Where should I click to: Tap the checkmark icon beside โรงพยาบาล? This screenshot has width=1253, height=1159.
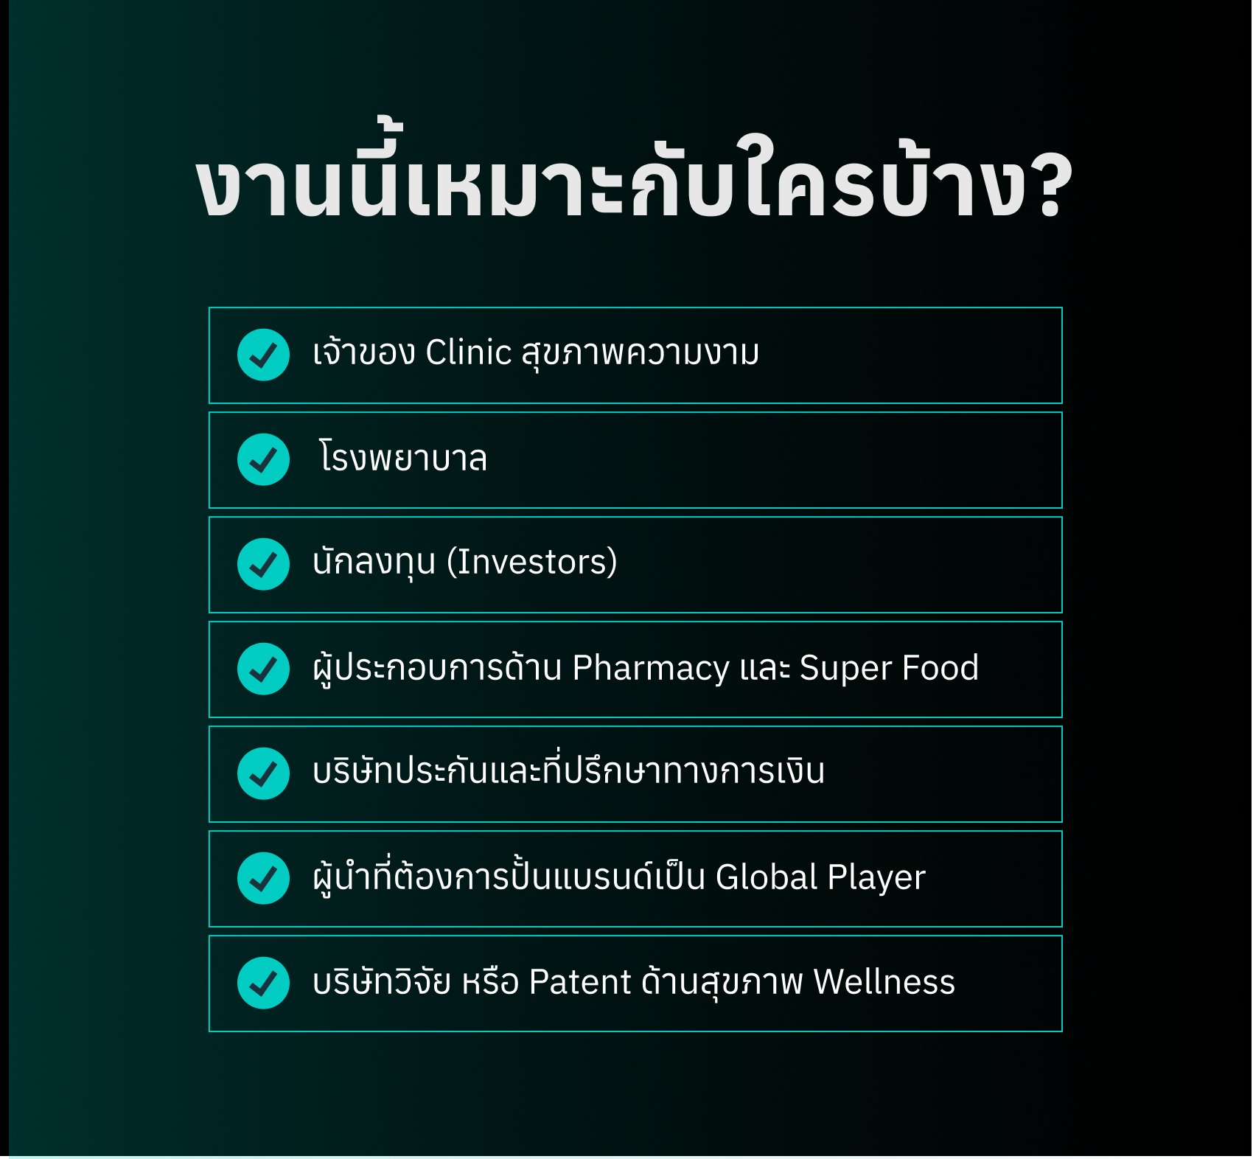[x=263, y=459]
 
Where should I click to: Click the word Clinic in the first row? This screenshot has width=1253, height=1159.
[x=468, y=352]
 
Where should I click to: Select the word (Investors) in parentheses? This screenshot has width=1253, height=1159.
[x=532, y=562]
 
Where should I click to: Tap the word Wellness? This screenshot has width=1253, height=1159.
[x=884, y=982]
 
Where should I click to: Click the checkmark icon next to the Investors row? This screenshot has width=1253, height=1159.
[x=263, y=564]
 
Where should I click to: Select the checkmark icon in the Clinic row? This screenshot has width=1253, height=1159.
[x=263, y=355]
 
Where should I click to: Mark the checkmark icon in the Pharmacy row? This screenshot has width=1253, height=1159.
[x=263, y=669]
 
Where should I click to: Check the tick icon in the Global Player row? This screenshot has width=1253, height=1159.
[x=263, y=878]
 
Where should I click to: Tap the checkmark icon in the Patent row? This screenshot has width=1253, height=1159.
[x=263, y=983]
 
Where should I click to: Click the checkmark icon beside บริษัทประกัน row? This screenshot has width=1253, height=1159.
[x=263, y=773]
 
